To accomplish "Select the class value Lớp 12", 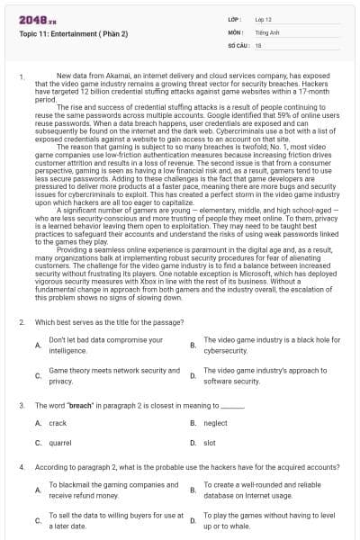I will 264,18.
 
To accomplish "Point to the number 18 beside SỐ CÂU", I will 258,44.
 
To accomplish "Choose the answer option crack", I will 58,422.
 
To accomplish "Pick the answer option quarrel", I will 60,443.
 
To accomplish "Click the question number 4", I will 22,468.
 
